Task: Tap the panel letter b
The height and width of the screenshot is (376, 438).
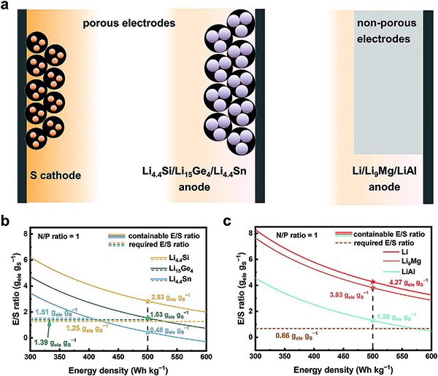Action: coord(9,216)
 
